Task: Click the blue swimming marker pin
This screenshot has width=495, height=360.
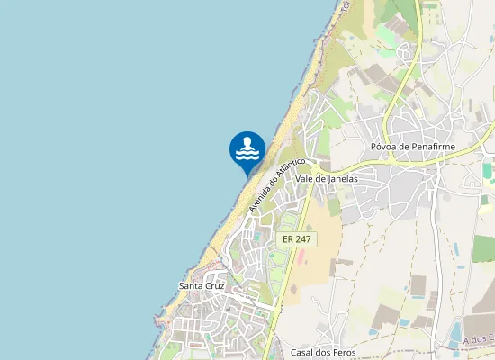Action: click(247, 149)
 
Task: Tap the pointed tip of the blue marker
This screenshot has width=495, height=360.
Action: click(247, 175)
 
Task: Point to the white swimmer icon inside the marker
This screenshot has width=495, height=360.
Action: click(247, 149)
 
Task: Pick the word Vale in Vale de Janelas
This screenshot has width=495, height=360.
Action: click(305, 178)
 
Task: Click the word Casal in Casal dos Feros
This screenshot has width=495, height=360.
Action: click(304, 351)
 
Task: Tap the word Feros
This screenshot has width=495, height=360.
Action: click(345, 351)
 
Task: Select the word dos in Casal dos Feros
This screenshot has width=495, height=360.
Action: click(325, 351)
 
